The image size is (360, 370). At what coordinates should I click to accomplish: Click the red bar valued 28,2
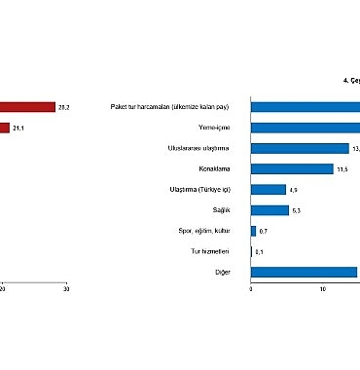(x=27, y=106)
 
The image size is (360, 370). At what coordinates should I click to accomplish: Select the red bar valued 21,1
(x=6, y=128)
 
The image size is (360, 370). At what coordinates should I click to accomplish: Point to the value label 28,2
(x=66, y=106)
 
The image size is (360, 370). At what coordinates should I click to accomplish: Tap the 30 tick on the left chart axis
(x=66, y=289)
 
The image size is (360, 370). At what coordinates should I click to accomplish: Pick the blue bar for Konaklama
(x=292, y=168)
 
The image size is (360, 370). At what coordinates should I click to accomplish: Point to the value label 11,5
(x=342, y=169)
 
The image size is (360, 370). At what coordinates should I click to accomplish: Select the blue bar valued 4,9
(x=269, y=189)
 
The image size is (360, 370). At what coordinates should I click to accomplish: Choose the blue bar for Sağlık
(x=270, y=209)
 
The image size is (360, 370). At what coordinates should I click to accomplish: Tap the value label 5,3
(x=298, y=210)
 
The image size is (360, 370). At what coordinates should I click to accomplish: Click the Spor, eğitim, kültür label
(x=203, y=230)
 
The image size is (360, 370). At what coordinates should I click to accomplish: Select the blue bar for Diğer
(x=305, y=272)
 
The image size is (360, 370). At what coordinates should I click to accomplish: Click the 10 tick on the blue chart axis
(x=323, y=289)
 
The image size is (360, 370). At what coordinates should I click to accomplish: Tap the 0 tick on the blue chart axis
(x=251, y=289)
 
